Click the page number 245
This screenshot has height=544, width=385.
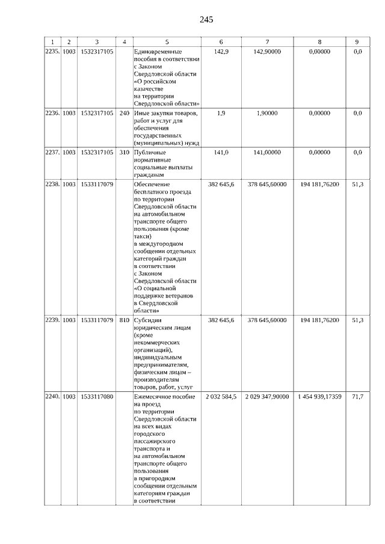[x=206, y=19]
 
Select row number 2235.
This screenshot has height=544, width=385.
[x=53, y=52]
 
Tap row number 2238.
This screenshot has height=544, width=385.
[x=53, y=184]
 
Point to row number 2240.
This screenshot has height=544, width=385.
[x=53, y=397]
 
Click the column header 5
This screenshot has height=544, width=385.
[x=167, y=41]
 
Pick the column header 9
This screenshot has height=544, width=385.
[x=357, y=41]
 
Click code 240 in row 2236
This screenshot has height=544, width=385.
[x=125, y=113]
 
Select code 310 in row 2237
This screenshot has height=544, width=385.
[x=125, y=152]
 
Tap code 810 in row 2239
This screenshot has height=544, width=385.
[x=125, y=320]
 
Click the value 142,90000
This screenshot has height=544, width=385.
[x=267, y=52]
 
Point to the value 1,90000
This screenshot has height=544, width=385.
[x=267, y=113]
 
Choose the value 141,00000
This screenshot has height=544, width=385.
[x=267, y=152]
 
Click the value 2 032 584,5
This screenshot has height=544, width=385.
[x=221, y=397]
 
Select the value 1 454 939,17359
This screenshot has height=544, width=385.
[x=319, y=397]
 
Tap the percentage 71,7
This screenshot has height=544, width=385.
[x=357, y=397]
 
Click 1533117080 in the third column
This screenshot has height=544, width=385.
[x=96, y=397]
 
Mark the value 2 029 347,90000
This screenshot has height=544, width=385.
[x=267, y=397]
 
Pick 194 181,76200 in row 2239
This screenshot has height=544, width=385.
[x=319, y=320]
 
